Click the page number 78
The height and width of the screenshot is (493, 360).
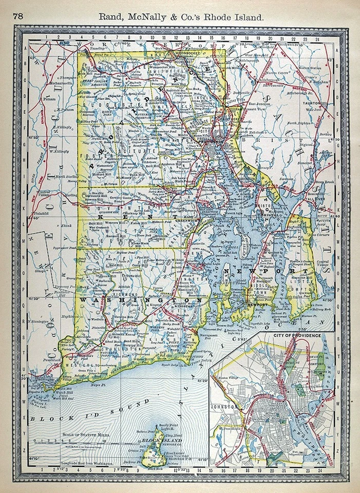[x=18, y=15]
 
